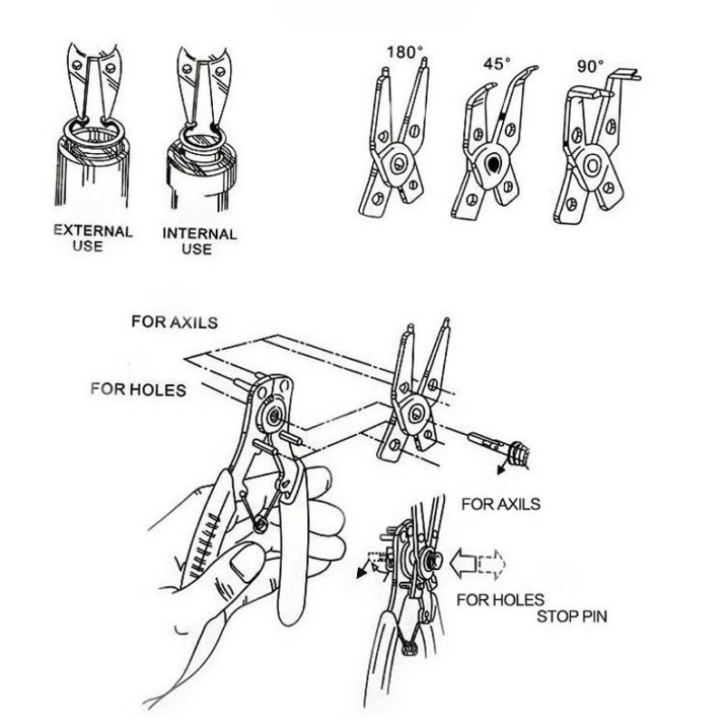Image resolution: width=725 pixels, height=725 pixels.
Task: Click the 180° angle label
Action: tap(405, 53)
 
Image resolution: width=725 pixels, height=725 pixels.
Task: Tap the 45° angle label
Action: tap(496, 65)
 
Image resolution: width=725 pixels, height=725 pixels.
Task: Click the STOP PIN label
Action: tap(573, 617)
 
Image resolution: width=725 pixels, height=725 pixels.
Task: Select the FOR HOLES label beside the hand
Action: tap(138, 390)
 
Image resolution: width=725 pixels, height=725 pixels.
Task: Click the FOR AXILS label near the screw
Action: tap(500, 503)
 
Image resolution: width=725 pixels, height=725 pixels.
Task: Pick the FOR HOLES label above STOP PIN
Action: tap(500, 599)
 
